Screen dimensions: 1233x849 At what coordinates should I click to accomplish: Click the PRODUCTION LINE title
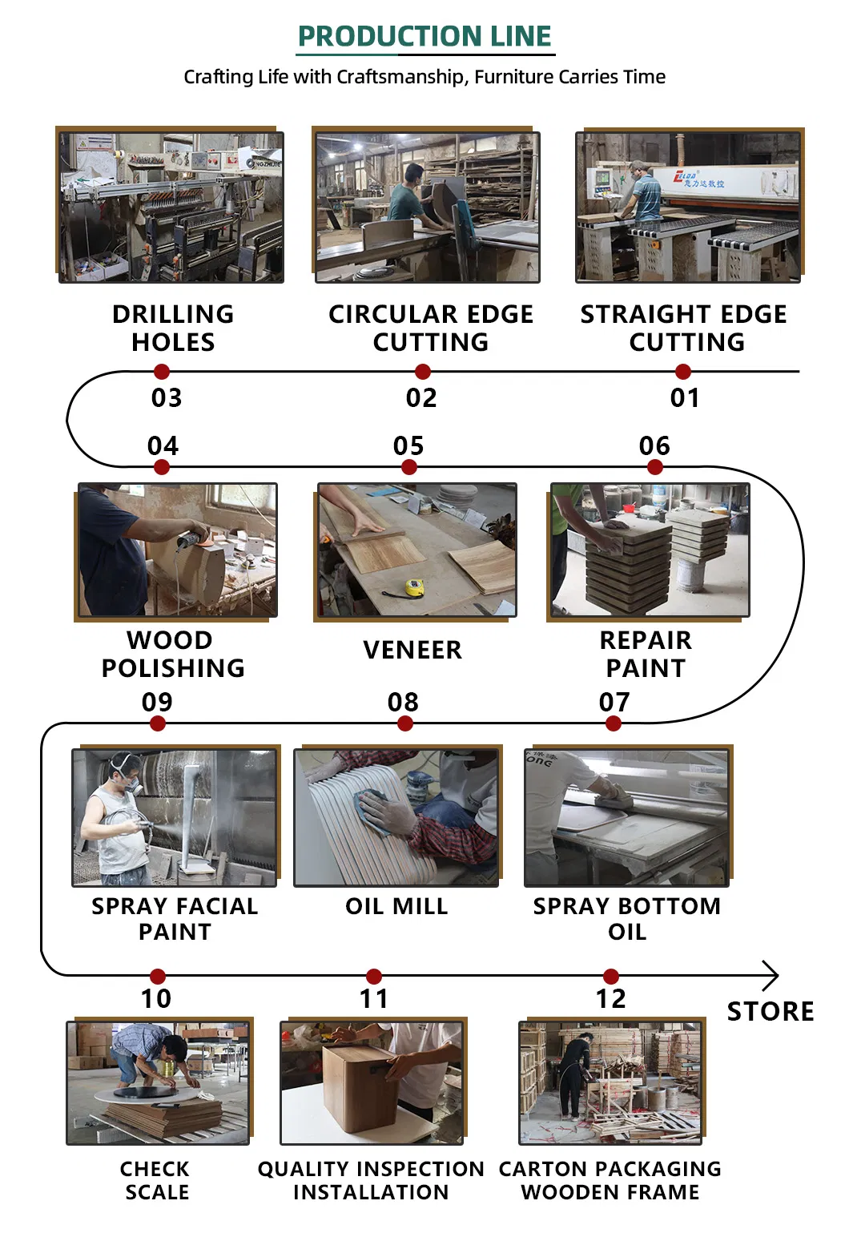[x=424, y=36]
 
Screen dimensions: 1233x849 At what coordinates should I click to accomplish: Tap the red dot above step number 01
[x=682, y=372]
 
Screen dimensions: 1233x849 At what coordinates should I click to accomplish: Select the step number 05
[x=408, y=445]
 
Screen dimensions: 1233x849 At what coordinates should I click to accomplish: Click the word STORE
[x=770, y=1011]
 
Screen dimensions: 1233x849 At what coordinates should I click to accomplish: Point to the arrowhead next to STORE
[x=771, y=976]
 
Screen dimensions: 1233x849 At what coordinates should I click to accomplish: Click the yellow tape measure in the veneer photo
[x=414, y=588]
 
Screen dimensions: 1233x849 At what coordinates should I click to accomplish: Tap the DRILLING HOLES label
[x=173, y=328]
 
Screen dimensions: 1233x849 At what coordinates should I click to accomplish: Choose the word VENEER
[x=412, y=650]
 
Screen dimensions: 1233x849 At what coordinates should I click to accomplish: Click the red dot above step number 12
[x=611, y=976]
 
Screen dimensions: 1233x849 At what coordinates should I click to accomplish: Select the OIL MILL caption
[x=396, y=906]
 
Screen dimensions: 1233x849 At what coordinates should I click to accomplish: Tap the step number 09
[x=157, y=702]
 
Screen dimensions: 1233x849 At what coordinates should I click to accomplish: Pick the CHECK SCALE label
[x=156, y=1180]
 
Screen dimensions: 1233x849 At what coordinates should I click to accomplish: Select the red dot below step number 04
[x=162, y=467]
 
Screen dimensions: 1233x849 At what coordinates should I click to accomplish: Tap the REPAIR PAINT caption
[x=646, y=654]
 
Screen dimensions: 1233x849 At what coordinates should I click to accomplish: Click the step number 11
[x=374, y=998]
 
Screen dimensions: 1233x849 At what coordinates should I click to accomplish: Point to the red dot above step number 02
[x=423, y=372]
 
